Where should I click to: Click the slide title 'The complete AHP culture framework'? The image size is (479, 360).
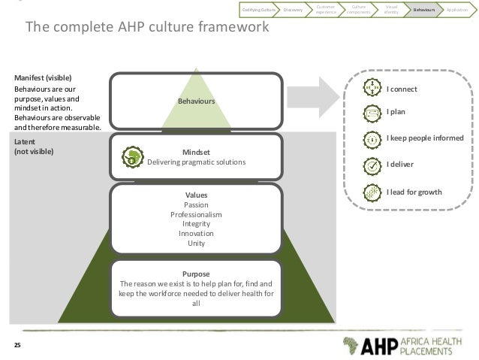coord(147,29)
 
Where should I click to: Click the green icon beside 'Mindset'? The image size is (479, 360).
coord(134,157)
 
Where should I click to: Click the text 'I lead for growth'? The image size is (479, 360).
coord(414,192)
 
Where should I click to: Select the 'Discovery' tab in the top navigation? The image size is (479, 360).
coord(292,9)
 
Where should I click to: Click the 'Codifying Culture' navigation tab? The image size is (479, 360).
coord(258,9)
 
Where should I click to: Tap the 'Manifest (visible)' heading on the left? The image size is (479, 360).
coord(44,77)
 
